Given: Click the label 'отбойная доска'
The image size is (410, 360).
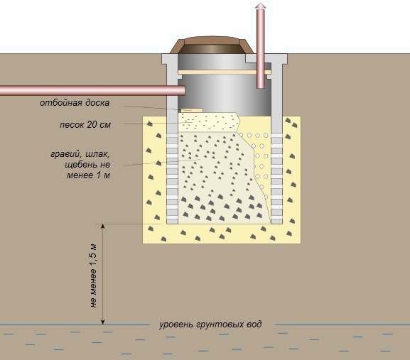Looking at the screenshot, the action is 75,103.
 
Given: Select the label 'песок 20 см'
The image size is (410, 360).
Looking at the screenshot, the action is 85,125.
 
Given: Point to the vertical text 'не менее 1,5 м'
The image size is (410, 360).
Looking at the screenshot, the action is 94,276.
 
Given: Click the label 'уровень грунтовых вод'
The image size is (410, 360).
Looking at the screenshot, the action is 210,324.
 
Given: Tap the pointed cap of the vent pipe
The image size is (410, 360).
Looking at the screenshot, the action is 261,6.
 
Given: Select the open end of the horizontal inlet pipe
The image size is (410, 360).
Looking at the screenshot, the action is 183,91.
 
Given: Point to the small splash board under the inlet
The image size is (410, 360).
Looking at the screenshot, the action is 192,111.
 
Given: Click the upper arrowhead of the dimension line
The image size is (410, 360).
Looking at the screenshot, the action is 103,226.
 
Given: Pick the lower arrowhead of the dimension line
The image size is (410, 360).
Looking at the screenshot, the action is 103,322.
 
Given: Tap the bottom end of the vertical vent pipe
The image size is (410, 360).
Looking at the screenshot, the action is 261,87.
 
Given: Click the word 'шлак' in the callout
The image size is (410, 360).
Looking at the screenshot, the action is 97,154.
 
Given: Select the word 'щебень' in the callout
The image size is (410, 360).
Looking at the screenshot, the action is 80,165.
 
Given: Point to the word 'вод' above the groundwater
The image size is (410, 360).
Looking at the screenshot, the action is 254,324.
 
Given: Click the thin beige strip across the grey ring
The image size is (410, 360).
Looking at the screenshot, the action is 225,72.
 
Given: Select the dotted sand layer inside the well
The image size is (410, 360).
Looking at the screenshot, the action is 209,122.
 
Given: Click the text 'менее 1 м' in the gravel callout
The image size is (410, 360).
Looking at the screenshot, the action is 88,175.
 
